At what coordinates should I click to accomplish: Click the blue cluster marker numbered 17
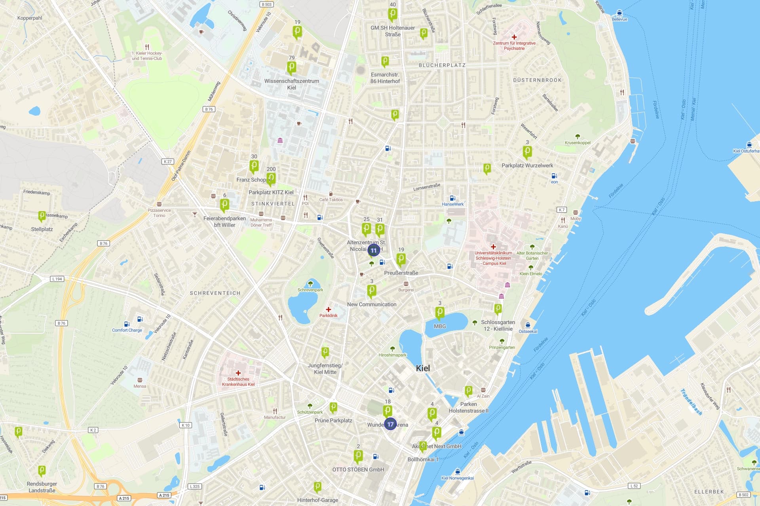point(390,424)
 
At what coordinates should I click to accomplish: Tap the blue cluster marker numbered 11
point(374,250)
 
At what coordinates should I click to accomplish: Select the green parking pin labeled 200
point(271,178)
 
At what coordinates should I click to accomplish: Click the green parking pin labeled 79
point(292,67)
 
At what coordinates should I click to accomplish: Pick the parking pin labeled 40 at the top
point(392,14)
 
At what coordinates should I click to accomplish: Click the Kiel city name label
point(423,368)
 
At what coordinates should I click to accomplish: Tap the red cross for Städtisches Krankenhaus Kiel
point(238,373)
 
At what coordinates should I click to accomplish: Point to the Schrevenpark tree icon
point(310,283)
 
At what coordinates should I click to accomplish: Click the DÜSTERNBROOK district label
point(537,80)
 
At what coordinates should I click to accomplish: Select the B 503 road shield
point(267,4)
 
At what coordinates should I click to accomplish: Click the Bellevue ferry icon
point(619,13)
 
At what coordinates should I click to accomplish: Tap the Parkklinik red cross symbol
point(328,310)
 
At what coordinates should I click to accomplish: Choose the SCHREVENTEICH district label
point(215,293)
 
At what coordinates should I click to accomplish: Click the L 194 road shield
point(57,279)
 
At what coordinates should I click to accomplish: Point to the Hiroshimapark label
point(392,355)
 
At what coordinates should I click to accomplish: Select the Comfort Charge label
point(127,330)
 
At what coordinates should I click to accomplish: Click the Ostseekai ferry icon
point(528,325)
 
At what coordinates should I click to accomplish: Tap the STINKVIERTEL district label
point(273,204)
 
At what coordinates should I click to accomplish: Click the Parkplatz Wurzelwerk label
point(527,166)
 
